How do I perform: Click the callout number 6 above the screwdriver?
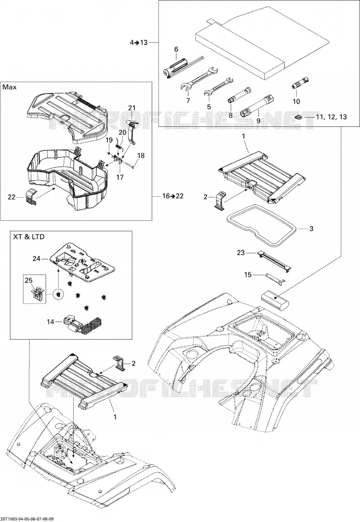click(176, 49)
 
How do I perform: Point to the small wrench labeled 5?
click(218, 86)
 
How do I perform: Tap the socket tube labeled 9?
click(258, 105)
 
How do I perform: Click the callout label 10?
click(296, 101)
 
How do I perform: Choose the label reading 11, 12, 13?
click(326, 117)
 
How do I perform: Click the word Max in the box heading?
click(10, 87)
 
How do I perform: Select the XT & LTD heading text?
click(29, 237)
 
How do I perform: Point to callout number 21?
click(132, 108)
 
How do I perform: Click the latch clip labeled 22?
click(32, 198)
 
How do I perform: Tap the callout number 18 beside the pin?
click(141, 156)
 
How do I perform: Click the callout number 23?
click(241, 253)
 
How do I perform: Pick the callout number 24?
click(36, 258)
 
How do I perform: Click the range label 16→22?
click(173, 196)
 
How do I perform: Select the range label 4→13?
click(139, 42)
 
